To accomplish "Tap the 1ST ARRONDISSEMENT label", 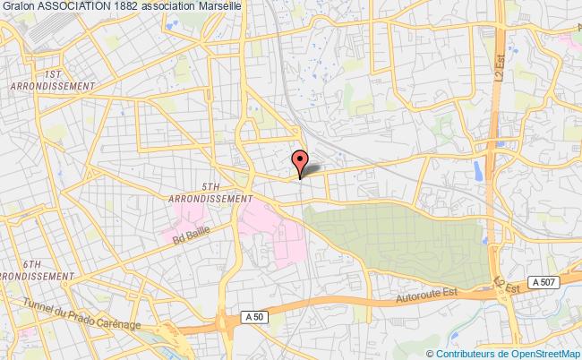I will (x=54, y=80).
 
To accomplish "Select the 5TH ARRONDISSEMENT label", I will (x=210, y=193).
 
